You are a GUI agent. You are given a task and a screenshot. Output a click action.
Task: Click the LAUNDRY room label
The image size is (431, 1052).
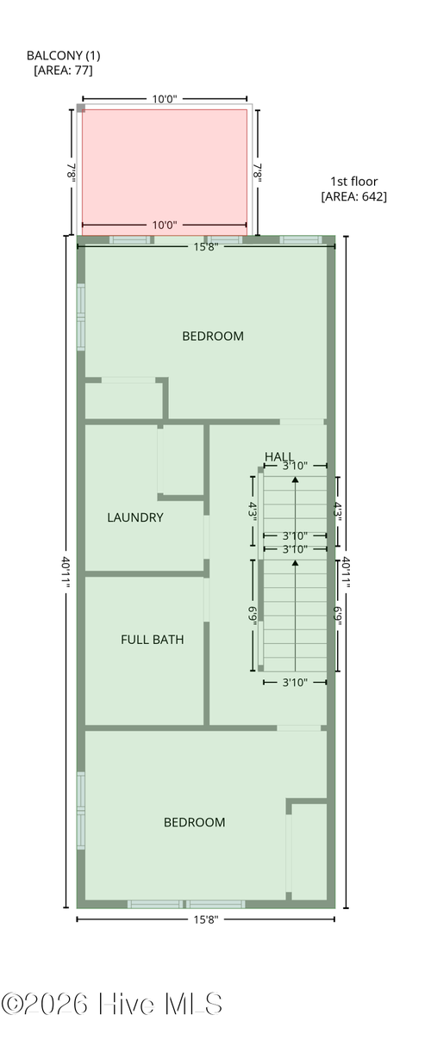tap(135, 517)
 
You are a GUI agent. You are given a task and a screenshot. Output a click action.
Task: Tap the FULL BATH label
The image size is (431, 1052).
tap(153, 639)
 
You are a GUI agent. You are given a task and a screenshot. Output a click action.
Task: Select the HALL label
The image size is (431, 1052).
tap(279, 456)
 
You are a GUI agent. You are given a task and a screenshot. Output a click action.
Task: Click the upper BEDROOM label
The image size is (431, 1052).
tap(213, 336)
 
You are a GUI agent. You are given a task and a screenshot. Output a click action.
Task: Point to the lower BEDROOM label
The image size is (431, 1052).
tap(195, 822)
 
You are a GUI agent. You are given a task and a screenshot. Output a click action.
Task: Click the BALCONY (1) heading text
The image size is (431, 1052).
tap(64, 55)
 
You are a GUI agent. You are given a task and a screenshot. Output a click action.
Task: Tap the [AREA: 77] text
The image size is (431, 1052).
tap(64, 71)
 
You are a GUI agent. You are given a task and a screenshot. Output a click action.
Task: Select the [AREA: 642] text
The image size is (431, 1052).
tap(354, 196)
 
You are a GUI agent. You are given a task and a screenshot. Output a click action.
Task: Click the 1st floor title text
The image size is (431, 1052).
tap(354, 182)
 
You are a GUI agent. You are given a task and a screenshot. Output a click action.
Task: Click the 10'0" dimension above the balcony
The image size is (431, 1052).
tap(165, 99)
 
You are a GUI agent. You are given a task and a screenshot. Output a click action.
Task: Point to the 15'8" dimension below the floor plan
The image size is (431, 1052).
tap(206, 919)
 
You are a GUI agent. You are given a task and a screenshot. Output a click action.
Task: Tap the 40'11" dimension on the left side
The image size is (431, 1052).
tap(66, 572)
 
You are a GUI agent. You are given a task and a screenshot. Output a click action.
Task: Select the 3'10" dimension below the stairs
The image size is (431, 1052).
tap(295, 683)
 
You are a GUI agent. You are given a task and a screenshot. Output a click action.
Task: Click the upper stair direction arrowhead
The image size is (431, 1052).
tap(295, 480)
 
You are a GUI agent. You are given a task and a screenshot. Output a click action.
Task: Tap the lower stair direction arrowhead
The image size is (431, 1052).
tap(295, 563)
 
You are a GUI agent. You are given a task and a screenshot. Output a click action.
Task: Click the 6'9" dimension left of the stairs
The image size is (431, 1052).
tap(253, 616)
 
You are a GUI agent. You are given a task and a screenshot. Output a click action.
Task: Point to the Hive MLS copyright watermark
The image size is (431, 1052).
tap(111, 1004)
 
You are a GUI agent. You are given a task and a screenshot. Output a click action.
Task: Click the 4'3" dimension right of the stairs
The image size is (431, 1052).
tap(337, 511)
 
